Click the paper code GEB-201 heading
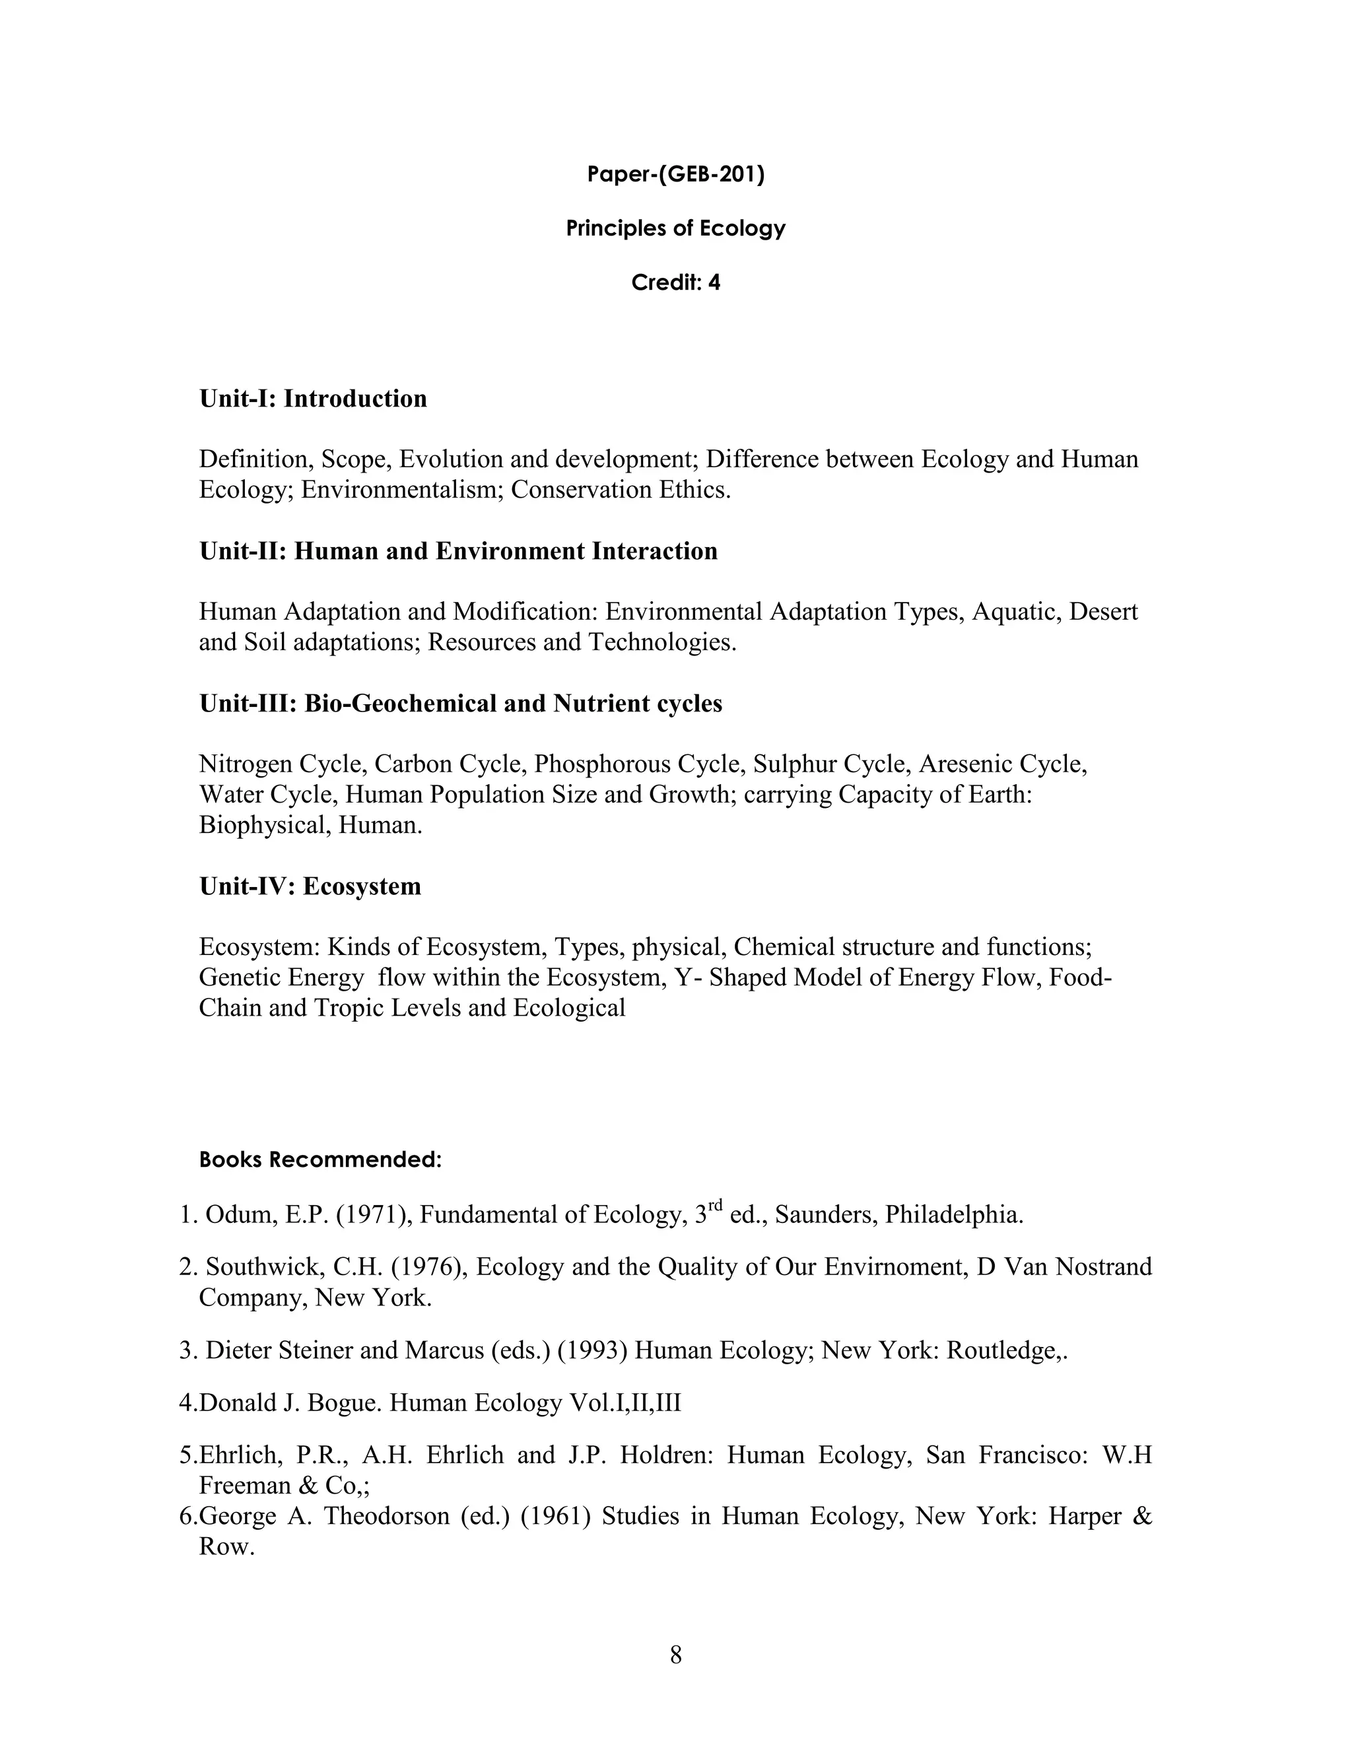click(x=675, y=175)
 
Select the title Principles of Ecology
click(x=675, y=228)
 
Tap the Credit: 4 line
click(x=675, y=282)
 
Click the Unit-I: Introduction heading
click(x=312, y=399)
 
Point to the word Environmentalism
click(x=402, y=489)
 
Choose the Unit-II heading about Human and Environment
click(x=458, y=551)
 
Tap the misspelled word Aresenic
click(x=961, y=764)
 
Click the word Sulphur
click(x=788, y=764)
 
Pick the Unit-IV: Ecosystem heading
click(x=310, y=886)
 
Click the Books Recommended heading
click(x=320, y=1160)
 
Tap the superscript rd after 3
click(x=715, y=1205)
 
